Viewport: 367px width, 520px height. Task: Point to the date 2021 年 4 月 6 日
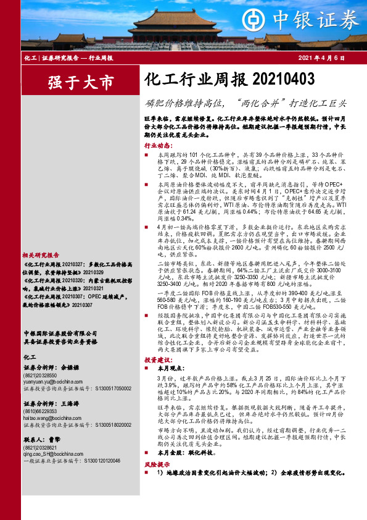coord(320,57)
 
